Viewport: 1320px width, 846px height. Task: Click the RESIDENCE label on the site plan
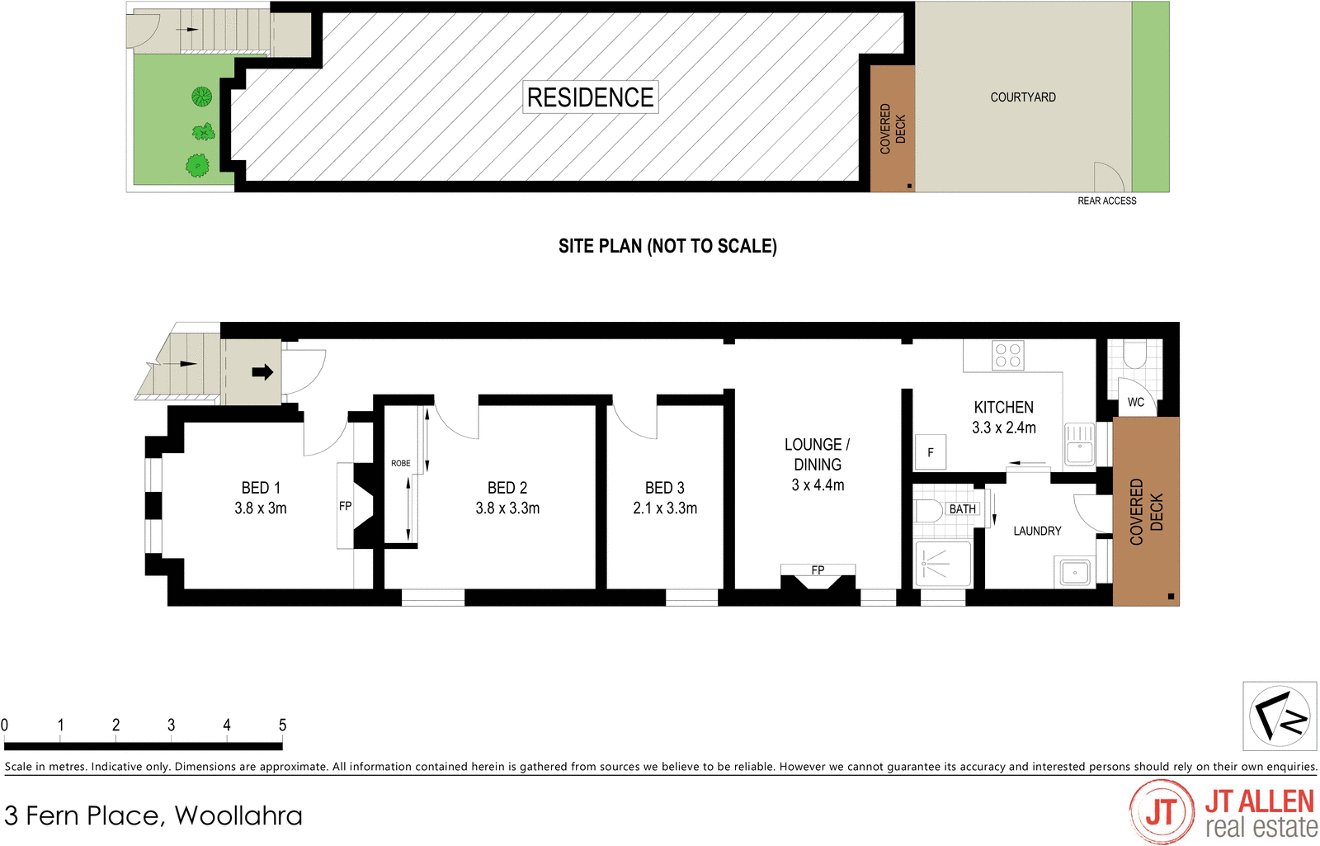pos(590,97)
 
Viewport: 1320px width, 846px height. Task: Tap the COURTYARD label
pos(1022,97)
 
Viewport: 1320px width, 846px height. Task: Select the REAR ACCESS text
pos(1106,201)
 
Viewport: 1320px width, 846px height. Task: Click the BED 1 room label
pos(261,488)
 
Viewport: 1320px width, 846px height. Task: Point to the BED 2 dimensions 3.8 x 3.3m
pos(507,508)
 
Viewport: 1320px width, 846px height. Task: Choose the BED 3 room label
pos(664,488)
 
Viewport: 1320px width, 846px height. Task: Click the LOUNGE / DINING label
pos(817,455)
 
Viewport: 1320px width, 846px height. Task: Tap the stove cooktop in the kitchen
pos(1007,356)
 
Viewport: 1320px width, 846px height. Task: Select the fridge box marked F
pos(931,452)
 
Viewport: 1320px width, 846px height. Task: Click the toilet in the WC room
pos(1134,355)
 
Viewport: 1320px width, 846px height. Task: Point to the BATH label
pos(962,509)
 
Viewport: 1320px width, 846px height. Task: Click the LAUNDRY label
pos(1037,531)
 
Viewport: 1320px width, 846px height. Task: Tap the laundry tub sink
pos(1075,571)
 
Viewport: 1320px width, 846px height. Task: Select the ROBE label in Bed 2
pos(400,463)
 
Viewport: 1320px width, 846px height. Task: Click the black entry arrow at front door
pos(262,372)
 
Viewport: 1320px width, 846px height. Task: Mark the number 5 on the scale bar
pos(282,725)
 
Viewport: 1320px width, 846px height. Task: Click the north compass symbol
pos(1279,716)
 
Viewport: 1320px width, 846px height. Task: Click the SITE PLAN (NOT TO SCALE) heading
pos(667,246)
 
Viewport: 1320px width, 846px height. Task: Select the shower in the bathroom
pos(941,564)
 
